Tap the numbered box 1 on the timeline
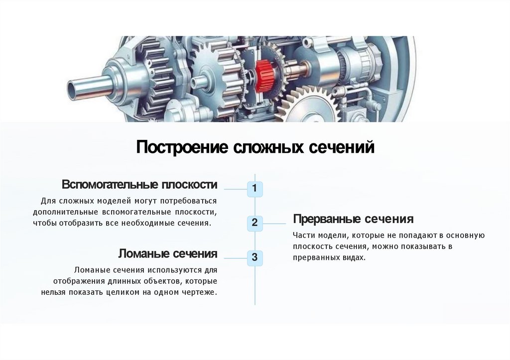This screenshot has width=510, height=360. click(x=255, y=189)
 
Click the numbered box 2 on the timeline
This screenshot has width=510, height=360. click(x=255, y=223)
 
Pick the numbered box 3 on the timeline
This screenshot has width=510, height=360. click(x=255, y=257)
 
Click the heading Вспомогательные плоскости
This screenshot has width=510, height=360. click(x=139, y=185)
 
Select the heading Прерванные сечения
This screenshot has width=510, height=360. click(x=353, y=219)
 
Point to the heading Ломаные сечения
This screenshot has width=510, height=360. click(x=167, y=254)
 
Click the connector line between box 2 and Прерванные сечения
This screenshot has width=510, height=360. click(x=277, y=224)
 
